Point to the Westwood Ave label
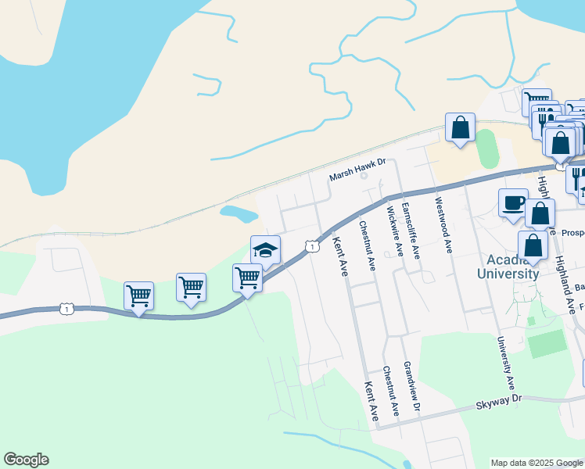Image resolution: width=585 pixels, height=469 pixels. click(443, 224)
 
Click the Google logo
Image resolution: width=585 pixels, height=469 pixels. click(26, 460)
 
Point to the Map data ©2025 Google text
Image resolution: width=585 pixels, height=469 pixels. click(537, 463)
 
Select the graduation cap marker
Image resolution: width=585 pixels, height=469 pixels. click(265, 250)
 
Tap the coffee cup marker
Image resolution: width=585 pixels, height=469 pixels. click(513, 203)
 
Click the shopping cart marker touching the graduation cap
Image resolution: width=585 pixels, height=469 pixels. click(247, 277)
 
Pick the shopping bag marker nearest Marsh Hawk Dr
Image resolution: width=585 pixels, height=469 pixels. click(460, 127)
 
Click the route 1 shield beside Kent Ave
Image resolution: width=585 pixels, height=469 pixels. click(312, 246)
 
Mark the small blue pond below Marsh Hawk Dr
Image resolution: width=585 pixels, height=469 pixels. click(239, 213)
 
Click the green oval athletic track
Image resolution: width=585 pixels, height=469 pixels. click(486, 149)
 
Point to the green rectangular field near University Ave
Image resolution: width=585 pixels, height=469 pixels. click(546, 343)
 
